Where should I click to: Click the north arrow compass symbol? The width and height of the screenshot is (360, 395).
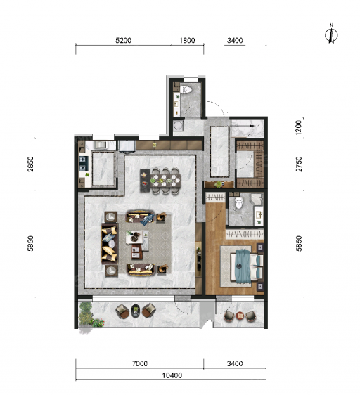331,34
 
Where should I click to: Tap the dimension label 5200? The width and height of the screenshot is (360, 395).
123,40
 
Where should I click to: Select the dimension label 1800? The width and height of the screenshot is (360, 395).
187,40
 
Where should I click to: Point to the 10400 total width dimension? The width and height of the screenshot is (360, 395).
172,375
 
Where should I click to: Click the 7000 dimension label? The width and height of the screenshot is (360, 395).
140,363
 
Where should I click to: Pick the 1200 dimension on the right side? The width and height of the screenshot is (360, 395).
299,127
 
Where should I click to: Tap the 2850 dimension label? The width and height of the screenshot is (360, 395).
30,164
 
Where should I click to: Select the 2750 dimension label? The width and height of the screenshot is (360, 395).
299,164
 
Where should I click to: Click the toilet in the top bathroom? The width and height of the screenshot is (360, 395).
186,90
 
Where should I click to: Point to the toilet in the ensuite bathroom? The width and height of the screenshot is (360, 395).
238,203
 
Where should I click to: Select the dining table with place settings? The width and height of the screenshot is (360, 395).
165,181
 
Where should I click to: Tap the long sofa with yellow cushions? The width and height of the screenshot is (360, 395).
110,243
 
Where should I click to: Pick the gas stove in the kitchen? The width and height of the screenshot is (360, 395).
83,164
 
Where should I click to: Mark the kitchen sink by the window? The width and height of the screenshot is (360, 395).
101,145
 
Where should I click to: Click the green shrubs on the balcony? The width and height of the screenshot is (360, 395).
89,314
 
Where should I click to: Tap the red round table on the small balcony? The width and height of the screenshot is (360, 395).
240,316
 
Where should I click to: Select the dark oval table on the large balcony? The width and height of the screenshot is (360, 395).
136,311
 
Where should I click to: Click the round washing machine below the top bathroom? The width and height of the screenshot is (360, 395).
178,125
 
